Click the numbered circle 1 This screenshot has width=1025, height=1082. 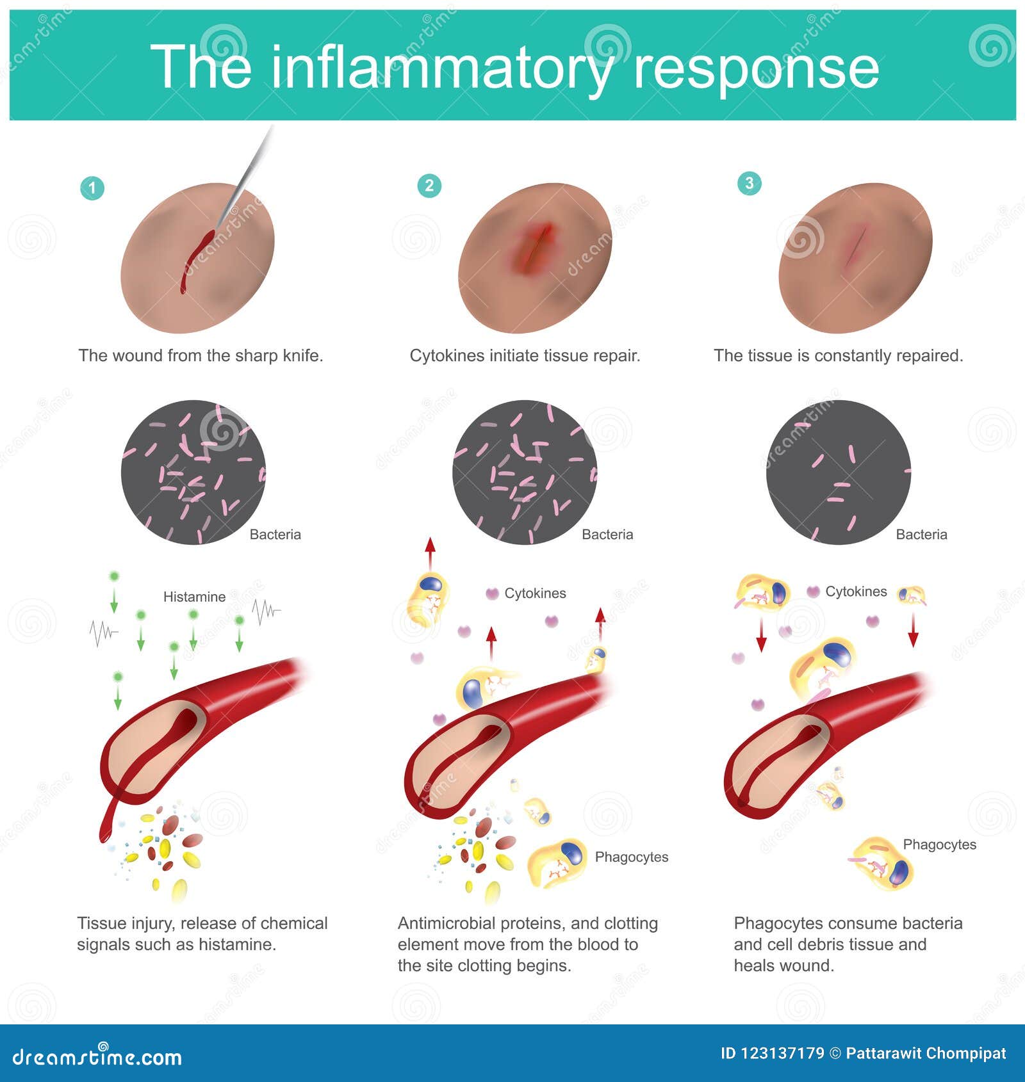pos(92,188)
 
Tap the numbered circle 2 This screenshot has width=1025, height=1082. pos(429,186)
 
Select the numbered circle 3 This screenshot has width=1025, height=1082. pos(750,183)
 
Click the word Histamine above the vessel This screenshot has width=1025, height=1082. pos(194,597)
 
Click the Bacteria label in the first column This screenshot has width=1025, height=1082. pos(275,535)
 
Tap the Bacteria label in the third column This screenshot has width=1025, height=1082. pos(921,535)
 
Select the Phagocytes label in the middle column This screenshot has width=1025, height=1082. pos(631,857)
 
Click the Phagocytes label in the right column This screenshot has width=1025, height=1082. pos(939,844)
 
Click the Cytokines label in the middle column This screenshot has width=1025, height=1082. pos(535,593)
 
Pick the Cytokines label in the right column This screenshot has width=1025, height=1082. pos(856,592)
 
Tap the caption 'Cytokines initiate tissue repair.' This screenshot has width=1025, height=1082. pos(525,356)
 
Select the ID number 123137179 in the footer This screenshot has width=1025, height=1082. pos(771,1053)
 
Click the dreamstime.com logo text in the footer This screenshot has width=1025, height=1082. pos(97,1056)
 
